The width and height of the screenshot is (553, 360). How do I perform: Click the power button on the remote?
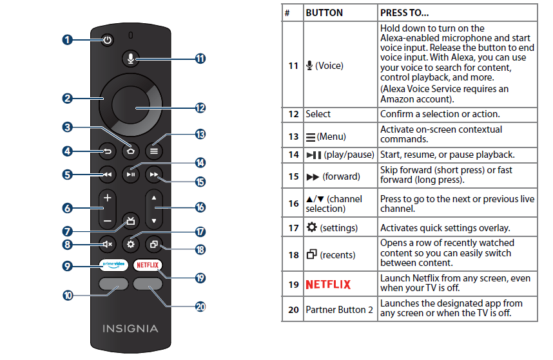(x=107, y=40)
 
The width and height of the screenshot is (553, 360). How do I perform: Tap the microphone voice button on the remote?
(x=131, y=58)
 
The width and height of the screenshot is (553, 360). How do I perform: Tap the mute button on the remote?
(x=107, y=245)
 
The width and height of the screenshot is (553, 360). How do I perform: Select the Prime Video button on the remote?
(x=112, y=265)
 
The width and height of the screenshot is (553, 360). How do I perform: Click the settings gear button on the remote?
(x=131, y=245)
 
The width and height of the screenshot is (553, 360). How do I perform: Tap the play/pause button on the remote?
(x=131, y=174)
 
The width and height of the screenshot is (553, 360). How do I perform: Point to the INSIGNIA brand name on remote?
(x=130, y=328)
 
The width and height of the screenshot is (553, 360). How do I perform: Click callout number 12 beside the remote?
(x=200, y=108)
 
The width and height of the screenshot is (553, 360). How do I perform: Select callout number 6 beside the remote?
(x=68, y=208)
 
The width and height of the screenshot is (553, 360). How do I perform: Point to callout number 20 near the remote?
(x=200, y=307)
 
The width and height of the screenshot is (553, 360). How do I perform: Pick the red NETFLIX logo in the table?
(x=328, y=284)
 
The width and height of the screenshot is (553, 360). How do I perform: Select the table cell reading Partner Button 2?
(x=339, y=310)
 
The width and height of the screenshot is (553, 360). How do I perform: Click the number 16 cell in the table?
(x=293, y=203)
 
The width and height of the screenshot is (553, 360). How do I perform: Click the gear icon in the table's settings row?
(x=311, y=228)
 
